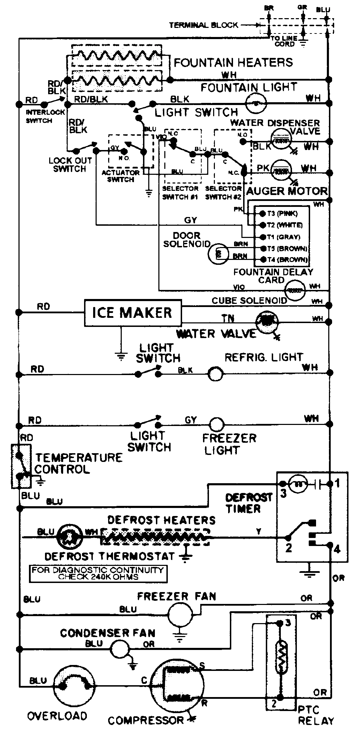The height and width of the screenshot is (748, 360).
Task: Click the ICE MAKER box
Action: [x=133, y=313]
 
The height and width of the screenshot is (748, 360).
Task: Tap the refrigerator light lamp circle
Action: [x=215, y=374]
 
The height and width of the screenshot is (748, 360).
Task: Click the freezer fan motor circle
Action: [x=180, y=615]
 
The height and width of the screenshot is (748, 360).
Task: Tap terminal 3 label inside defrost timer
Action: [x=283, y=494]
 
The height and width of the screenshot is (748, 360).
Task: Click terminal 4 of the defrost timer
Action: [x=337, y=549]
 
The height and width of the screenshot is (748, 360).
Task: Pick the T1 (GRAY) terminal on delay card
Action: [x=283, y=237]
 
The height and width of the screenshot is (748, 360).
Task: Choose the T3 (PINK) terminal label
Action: [x=282, y=214]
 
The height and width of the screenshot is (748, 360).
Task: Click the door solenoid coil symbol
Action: [x=218, y=254]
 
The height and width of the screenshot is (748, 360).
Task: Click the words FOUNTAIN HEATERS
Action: [x=233, y=63]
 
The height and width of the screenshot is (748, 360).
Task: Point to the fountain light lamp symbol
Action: [x=256, y=104]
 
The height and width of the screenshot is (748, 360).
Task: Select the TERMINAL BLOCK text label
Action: [x=203, y=25]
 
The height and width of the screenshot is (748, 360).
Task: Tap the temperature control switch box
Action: [x=21, y=466]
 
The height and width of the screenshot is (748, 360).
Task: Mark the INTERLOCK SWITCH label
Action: [x=45, y=117]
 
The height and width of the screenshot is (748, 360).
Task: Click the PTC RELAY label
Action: [x=316, y=715]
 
